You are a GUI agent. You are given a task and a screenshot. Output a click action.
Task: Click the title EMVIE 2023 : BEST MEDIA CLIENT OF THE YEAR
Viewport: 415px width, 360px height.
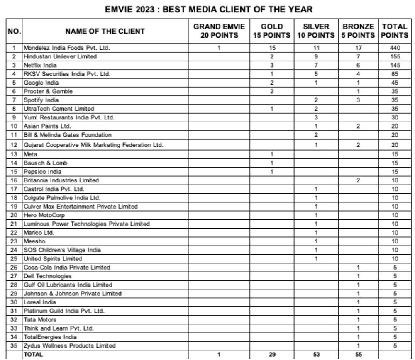(x=208, y=9)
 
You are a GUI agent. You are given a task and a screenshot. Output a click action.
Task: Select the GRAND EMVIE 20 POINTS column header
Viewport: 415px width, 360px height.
(x=219, y=31)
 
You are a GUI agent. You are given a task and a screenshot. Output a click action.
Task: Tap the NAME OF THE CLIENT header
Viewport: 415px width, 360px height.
(x=105, y=31)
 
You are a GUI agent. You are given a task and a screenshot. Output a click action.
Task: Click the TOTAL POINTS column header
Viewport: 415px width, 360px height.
(x=395, y=31)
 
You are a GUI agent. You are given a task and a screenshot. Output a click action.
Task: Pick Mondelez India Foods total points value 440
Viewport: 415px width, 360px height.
(x=395, y=48)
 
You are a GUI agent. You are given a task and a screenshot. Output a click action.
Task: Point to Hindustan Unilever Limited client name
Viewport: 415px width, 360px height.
(x=60, y=56)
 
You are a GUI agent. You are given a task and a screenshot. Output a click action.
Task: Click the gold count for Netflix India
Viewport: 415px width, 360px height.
(x=272, y=65)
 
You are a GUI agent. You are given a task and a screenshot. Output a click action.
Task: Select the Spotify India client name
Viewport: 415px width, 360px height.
(x=41, y=100)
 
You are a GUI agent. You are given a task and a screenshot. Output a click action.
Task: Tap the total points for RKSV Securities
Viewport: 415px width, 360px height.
(x=395, y=74)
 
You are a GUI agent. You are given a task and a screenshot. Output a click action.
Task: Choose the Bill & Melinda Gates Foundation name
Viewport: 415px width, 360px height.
(x=67, y=135)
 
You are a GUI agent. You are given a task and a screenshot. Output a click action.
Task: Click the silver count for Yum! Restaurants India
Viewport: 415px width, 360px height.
(x=316, y=117)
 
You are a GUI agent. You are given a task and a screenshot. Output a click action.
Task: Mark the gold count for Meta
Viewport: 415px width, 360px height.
(x=272, y=154)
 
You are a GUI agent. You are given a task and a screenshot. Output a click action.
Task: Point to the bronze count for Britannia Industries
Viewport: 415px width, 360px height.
(x=358, y=180)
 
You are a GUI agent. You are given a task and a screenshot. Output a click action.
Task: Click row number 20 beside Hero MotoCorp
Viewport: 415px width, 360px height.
(x=14, y=215)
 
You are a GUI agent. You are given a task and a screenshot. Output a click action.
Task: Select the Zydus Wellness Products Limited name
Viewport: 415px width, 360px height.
(x=69, y=345)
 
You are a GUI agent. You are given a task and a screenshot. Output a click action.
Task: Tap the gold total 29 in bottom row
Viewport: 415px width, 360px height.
(x=272, y=355)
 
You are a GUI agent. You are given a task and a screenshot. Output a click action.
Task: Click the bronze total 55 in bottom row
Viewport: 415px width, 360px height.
(x=358, y=355)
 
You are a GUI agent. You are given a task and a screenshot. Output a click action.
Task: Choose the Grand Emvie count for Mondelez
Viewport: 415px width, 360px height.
(x=219, y=48)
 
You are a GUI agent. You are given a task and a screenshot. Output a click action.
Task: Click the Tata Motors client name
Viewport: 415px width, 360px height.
(x=40, y=319)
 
